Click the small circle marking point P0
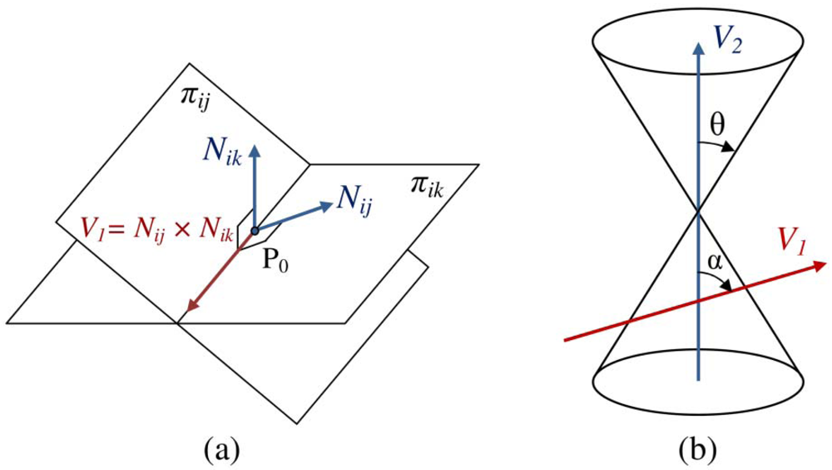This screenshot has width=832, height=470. click(x=254, y=229)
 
